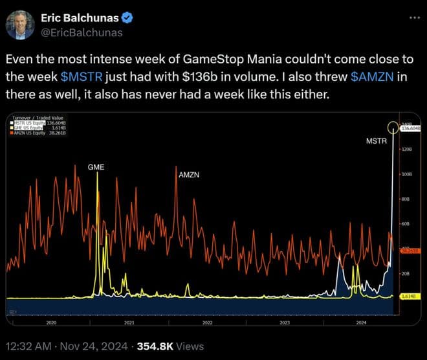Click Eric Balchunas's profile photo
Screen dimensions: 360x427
click(x=20, y=24)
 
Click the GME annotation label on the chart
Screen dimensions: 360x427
click(x=96, y=167)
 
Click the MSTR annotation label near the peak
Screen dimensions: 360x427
click(x=377, y=139)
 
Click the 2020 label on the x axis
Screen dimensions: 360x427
click(x=51, y=322)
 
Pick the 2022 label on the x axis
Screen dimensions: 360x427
click(x=207, y=322)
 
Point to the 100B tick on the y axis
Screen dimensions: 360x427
click(x=408, y=174)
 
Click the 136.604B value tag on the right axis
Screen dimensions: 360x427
click(x=411, y=128)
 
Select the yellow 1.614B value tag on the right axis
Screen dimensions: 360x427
click(x=409, y=296)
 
